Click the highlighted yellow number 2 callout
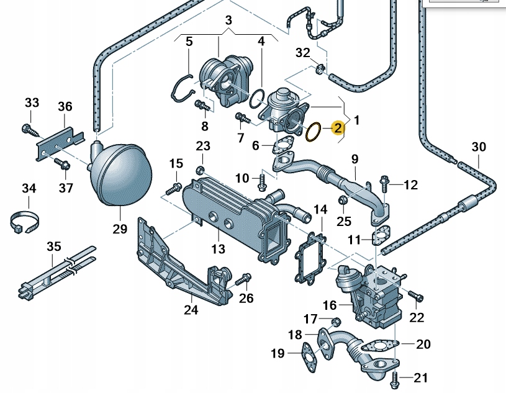tap(338, 129)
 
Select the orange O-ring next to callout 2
tap(314, 132)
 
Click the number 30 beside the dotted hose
tap(479, 147)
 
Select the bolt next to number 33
tap(27, 129)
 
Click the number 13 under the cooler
tap(217, 250)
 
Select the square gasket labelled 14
tap(314, 255)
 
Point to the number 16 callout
tap(329, 305)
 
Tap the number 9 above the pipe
tap(355, 160)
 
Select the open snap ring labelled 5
tap(181, 87)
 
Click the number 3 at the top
tap(228, 20)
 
